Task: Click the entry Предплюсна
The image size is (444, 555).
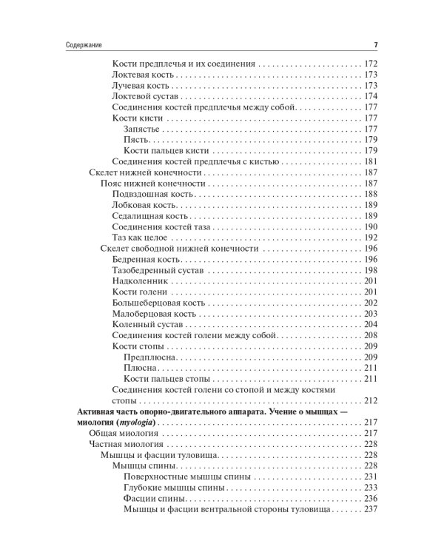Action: coord(150,357)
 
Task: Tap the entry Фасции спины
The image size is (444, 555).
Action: coord(151,498)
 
